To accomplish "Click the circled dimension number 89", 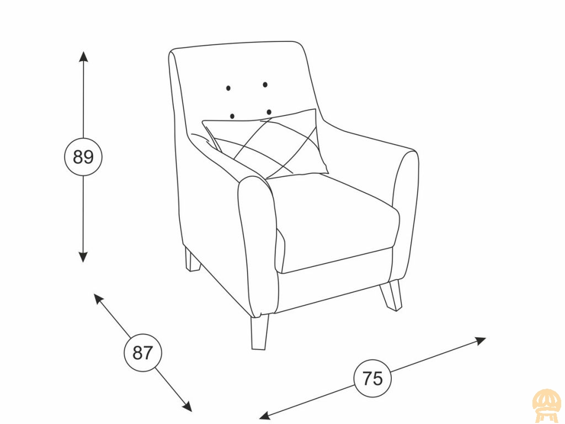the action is [83, 157].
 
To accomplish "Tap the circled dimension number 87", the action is [143, 353].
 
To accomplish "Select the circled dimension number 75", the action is [372, 379].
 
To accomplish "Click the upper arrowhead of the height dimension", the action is [83, 57].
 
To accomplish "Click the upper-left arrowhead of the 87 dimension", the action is [98, 299].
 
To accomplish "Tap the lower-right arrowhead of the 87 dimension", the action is [187, 406].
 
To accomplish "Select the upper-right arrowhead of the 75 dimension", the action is [481, 341].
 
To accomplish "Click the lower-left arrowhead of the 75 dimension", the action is [265, 415].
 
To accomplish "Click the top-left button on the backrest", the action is [228, 88].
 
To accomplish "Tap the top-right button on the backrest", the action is [265, 84].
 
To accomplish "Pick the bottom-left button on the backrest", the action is [232, 116].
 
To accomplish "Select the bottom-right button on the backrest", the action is [269, 112].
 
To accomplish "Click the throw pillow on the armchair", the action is [266, 144].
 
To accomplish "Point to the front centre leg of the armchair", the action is [260, 332].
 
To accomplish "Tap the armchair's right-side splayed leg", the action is [392, 295].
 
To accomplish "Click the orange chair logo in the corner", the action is [547, 406].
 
